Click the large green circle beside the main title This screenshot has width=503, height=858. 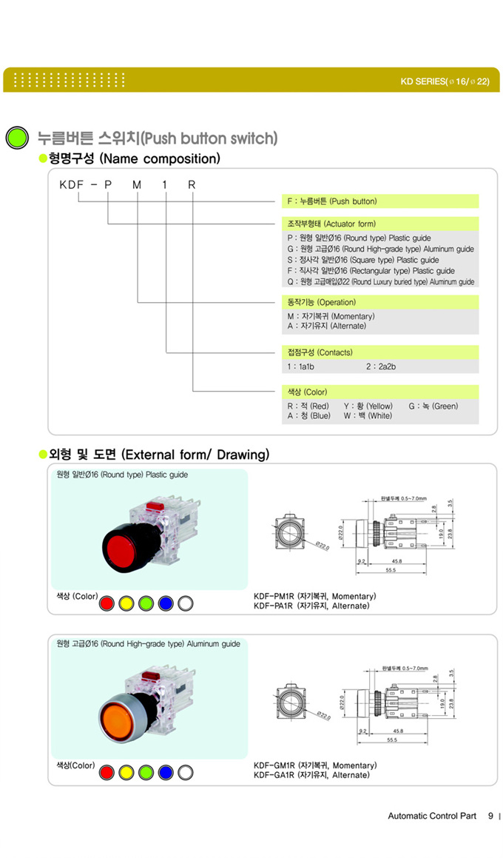pos(17,138)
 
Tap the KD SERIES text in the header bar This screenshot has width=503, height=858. pos(445,81)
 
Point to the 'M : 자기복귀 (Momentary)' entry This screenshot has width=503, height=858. pos(326,316)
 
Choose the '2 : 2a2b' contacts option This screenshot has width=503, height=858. pos(381,366)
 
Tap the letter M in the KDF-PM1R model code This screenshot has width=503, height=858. pos(137,184)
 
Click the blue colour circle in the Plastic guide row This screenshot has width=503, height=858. pos(166,603)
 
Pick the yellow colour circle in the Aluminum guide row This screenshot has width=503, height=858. pos(126,772)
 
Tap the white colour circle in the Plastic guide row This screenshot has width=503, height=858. pos(186,603)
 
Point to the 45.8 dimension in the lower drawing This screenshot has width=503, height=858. pos(398,730)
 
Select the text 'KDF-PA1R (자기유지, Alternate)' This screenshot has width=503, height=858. pos(311,606)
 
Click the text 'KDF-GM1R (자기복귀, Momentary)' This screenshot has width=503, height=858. pos(315,765)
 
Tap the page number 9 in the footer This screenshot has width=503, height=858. pos(490,816)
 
